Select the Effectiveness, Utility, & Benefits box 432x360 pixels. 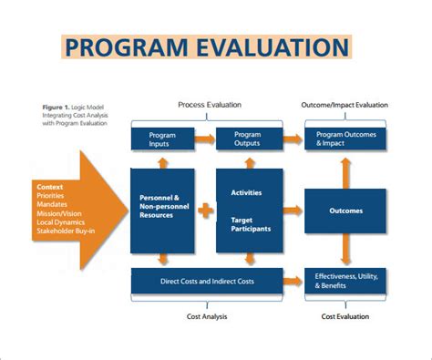(x=345, y=281)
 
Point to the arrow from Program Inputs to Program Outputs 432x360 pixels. (x=203, y=139)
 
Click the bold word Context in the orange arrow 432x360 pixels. (x=52, y=186)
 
